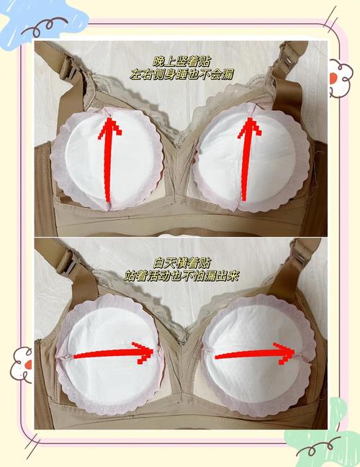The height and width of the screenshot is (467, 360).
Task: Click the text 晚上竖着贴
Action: click(181, 62)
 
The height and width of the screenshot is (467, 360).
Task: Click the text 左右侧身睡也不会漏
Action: click(181, 75)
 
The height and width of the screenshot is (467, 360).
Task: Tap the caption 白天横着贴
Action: click(181, 263)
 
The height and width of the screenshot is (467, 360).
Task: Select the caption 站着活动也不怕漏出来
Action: click(181, 276)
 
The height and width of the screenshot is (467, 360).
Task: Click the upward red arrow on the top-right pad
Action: click(248, 159)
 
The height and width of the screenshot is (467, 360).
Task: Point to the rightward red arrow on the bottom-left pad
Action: click(113, 353)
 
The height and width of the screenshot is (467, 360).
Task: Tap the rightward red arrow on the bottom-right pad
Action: click(255, 353)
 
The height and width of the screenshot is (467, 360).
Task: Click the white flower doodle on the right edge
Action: click(341, 77)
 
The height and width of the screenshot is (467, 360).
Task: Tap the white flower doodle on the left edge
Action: click(22, 364)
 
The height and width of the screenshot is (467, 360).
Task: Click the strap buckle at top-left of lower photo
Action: click(69, 262)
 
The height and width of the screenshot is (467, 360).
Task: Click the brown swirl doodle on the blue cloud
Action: click(45, 26)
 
